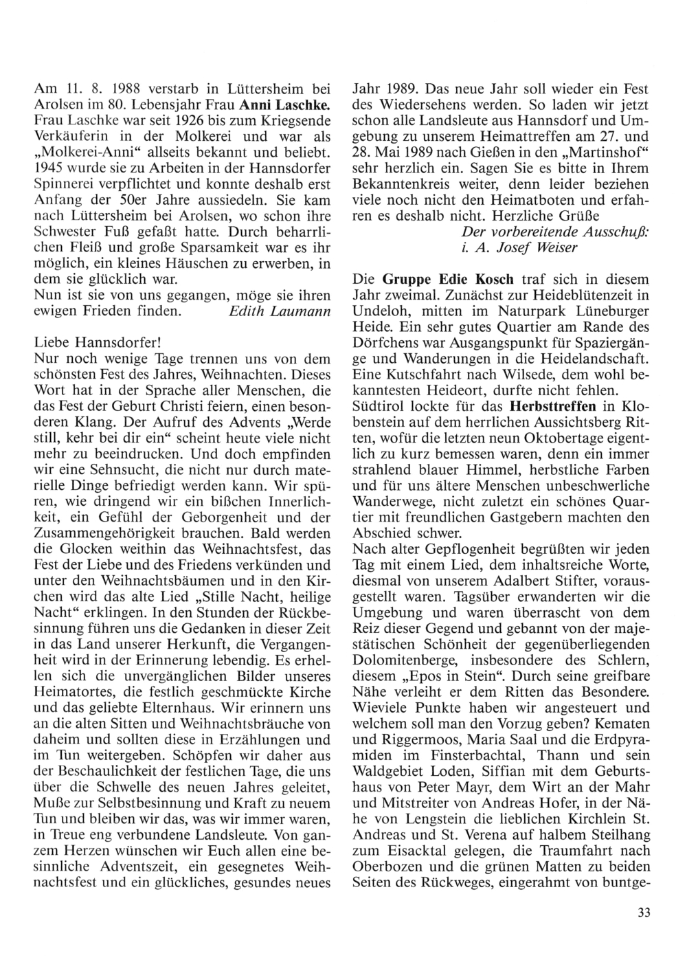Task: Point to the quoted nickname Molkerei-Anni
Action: pos(78,150)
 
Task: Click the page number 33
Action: pos(644,912)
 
